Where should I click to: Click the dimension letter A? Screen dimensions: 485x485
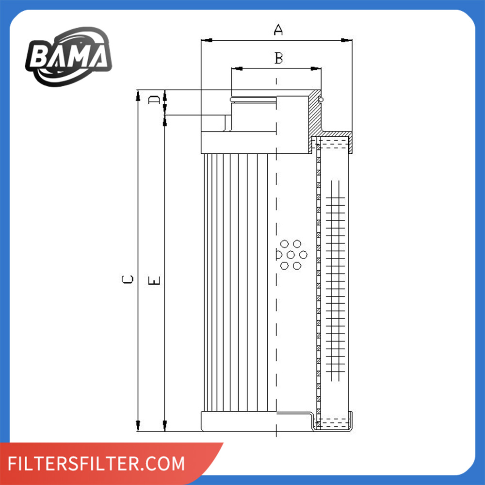coord(278,30)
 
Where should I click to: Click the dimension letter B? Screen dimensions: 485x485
coord(279,58)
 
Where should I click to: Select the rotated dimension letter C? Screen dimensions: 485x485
coord(128,279)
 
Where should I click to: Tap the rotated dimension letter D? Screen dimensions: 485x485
coord(154,100)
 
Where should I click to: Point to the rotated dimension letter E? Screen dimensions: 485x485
coord(154,280)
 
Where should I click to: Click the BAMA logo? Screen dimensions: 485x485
coord(69,56)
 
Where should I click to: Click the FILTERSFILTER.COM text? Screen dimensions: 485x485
coord(96,463)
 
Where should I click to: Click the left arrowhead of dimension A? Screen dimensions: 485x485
coord(207,40)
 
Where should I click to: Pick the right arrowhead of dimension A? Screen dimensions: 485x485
coord(346,40)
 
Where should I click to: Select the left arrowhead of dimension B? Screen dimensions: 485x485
coord(237,68)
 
